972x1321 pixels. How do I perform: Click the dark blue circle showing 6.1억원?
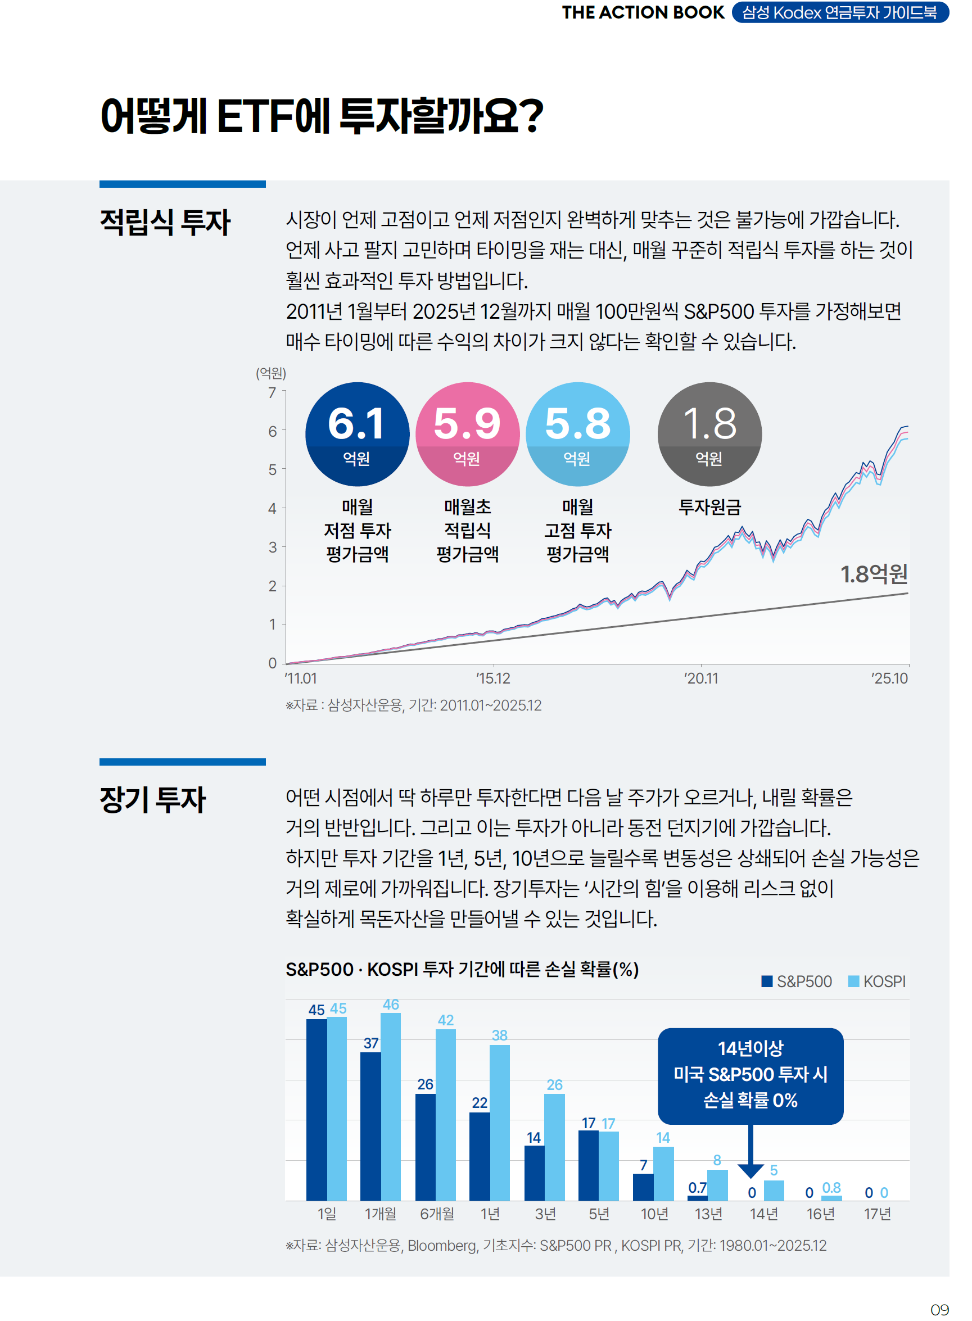coord(357,434)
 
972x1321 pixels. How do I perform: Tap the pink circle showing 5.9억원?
coord(467,434)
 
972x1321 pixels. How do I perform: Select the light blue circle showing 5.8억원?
coord(577,434)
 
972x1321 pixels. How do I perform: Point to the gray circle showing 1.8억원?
coord(709,434)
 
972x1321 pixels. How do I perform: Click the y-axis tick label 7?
coord(272,393)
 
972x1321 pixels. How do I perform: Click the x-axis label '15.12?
coord(493,678)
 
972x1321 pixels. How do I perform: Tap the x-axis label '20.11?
coord(701,678)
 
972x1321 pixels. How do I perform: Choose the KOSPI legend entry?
coord(876,981)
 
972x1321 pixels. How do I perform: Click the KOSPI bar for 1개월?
coord(391,1106)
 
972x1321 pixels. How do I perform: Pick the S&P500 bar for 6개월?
coord(426,1147)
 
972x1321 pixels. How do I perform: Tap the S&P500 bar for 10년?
coord(643,1187)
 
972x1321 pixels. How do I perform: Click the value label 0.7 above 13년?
coord(697,1187)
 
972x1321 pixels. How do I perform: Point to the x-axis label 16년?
coord(820,1214)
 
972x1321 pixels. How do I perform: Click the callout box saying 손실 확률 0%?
coord(750,1076)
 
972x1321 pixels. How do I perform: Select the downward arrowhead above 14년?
coord(750,1170)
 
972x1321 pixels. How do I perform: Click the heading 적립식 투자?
coord(165,223)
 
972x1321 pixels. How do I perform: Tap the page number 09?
coord(939,1310)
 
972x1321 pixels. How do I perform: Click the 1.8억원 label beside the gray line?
coord(874,574)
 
